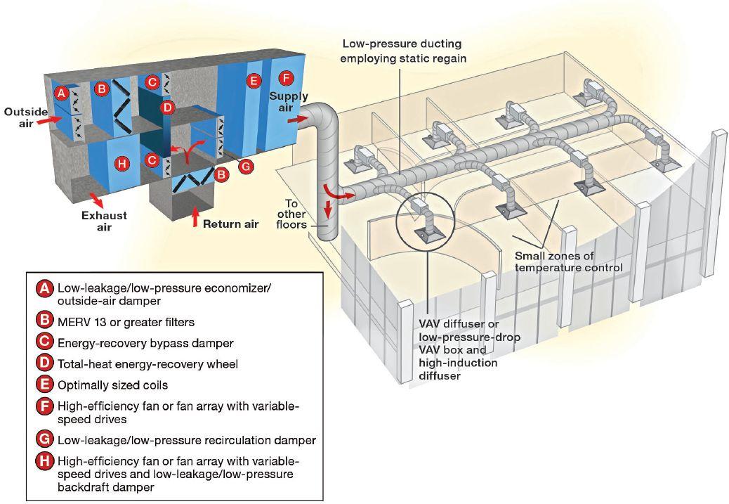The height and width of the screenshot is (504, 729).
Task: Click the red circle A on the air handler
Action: click(x=61, y=93)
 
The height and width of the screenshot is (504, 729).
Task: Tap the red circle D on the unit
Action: click(x=168, y=108)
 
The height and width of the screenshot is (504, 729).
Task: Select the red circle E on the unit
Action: click(x=254, y=81)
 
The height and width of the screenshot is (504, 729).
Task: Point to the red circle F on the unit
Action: click(x=286, y=78)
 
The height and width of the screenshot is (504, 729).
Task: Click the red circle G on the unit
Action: click(x=246, y=166)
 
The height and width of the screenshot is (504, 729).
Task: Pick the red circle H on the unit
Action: click(x=121, y=163)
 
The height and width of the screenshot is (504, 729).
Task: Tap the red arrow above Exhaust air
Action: click(x=97, y=198)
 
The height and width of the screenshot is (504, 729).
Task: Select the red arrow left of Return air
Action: click(x=195, y=217)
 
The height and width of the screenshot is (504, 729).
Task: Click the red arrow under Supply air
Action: click(x=298, y=120)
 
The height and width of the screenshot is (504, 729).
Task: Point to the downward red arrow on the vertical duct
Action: click(x=329, y=209)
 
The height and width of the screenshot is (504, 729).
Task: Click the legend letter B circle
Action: click(x=44, y=320)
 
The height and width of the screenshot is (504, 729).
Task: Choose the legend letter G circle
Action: click(x=44, y=439)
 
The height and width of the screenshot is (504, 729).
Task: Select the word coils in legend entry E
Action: click(x=155, y=385)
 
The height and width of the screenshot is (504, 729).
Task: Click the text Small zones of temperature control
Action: click(x=569, y=261)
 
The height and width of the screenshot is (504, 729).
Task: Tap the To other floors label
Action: click(x=291, y=214)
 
